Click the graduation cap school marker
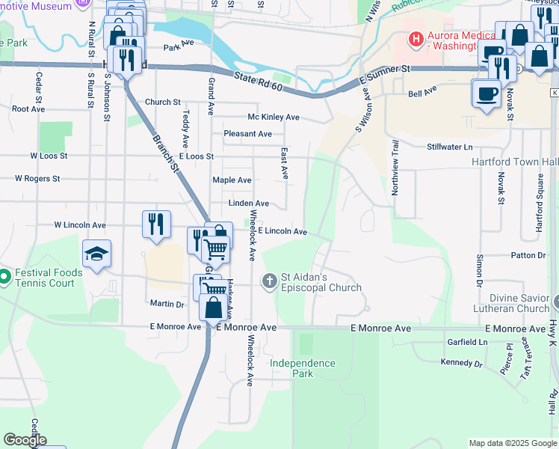[97, 254]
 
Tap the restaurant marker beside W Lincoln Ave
[156, 224]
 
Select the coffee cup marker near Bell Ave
[486, 94]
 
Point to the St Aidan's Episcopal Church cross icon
[269, 281]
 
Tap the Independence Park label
[302, 368]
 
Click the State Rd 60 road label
[256, 78]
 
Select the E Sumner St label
[385, 73]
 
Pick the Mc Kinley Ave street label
[274, 117]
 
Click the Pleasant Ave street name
[247, 134]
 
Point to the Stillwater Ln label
[450, 147]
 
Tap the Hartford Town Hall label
[515, 162]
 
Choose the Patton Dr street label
[528, 255]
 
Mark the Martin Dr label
[167, 304]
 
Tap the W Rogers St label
[37, 179]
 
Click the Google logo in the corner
[25, 440]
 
